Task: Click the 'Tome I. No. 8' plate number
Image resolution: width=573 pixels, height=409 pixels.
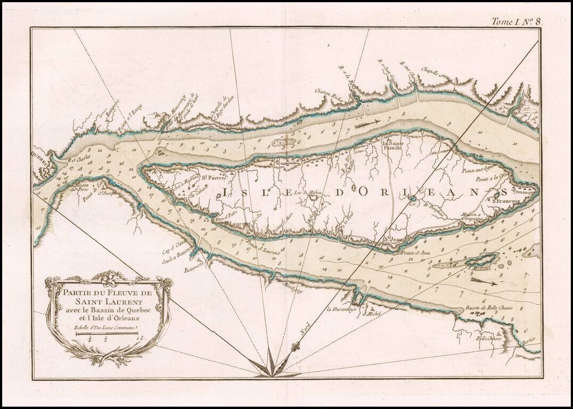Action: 516,21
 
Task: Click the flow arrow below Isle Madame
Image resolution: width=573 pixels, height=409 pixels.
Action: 485,282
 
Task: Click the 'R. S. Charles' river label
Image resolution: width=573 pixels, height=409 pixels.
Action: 78,158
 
